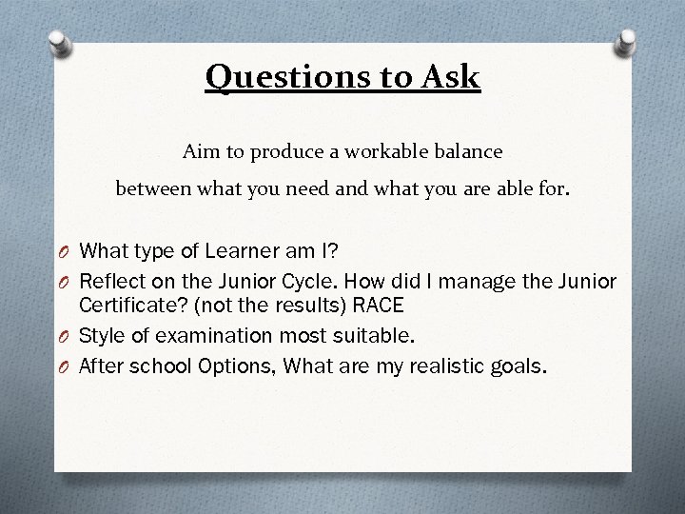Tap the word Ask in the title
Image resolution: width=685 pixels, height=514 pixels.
449,75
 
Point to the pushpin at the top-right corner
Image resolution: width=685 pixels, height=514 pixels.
628,40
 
